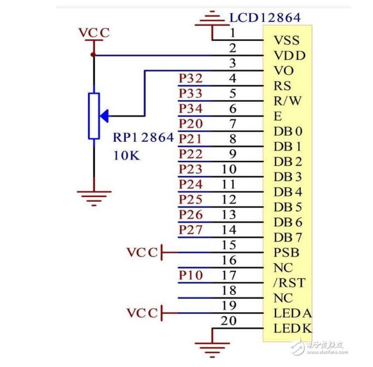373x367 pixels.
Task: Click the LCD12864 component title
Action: (265, 18)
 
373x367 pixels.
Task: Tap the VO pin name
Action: (283, 71)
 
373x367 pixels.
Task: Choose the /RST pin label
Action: (288, 283)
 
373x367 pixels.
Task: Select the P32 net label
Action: (190, 79)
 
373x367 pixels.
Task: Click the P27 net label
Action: (190, 230)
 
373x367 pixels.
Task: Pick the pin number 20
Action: (229, 321)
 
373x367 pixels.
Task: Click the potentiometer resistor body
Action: (94, 115)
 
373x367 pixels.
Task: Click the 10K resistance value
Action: (126, 155)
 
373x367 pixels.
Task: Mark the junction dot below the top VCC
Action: (94, 55)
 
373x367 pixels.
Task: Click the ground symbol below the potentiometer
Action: (94, 196)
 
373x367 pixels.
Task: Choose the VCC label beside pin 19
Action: (142, 313)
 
